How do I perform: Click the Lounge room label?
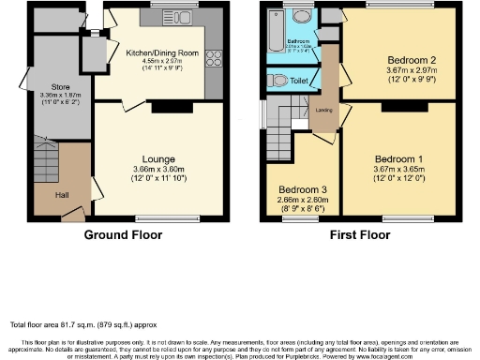(x=158, y=159)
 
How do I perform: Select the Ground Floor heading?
(x=123, y=235)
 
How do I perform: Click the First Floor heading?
(x=360, y=235)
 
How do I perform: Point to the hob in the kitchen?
(x=212, y=59)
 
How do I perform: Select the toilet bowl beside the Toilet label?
(x=278, y=82)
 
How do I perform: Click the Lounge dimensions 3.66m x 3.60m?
(x=158, y=170)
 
